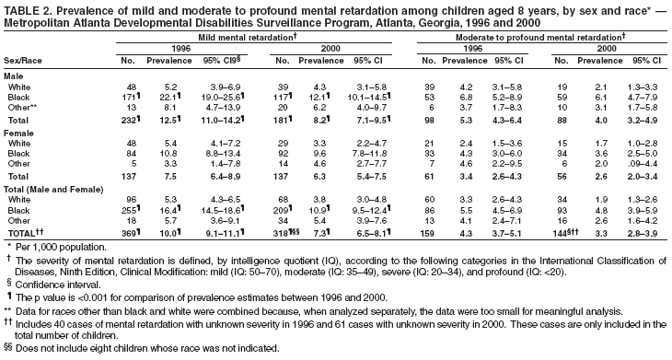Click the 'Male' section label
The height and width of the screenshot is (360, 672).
pyautogui.click(x=15, y=75)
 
